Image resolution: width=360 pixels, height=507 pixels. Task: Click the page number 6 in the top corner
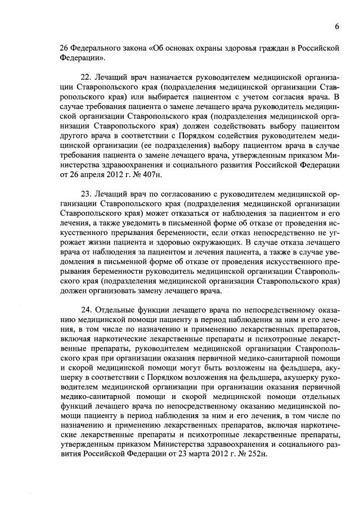(336, 26)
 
